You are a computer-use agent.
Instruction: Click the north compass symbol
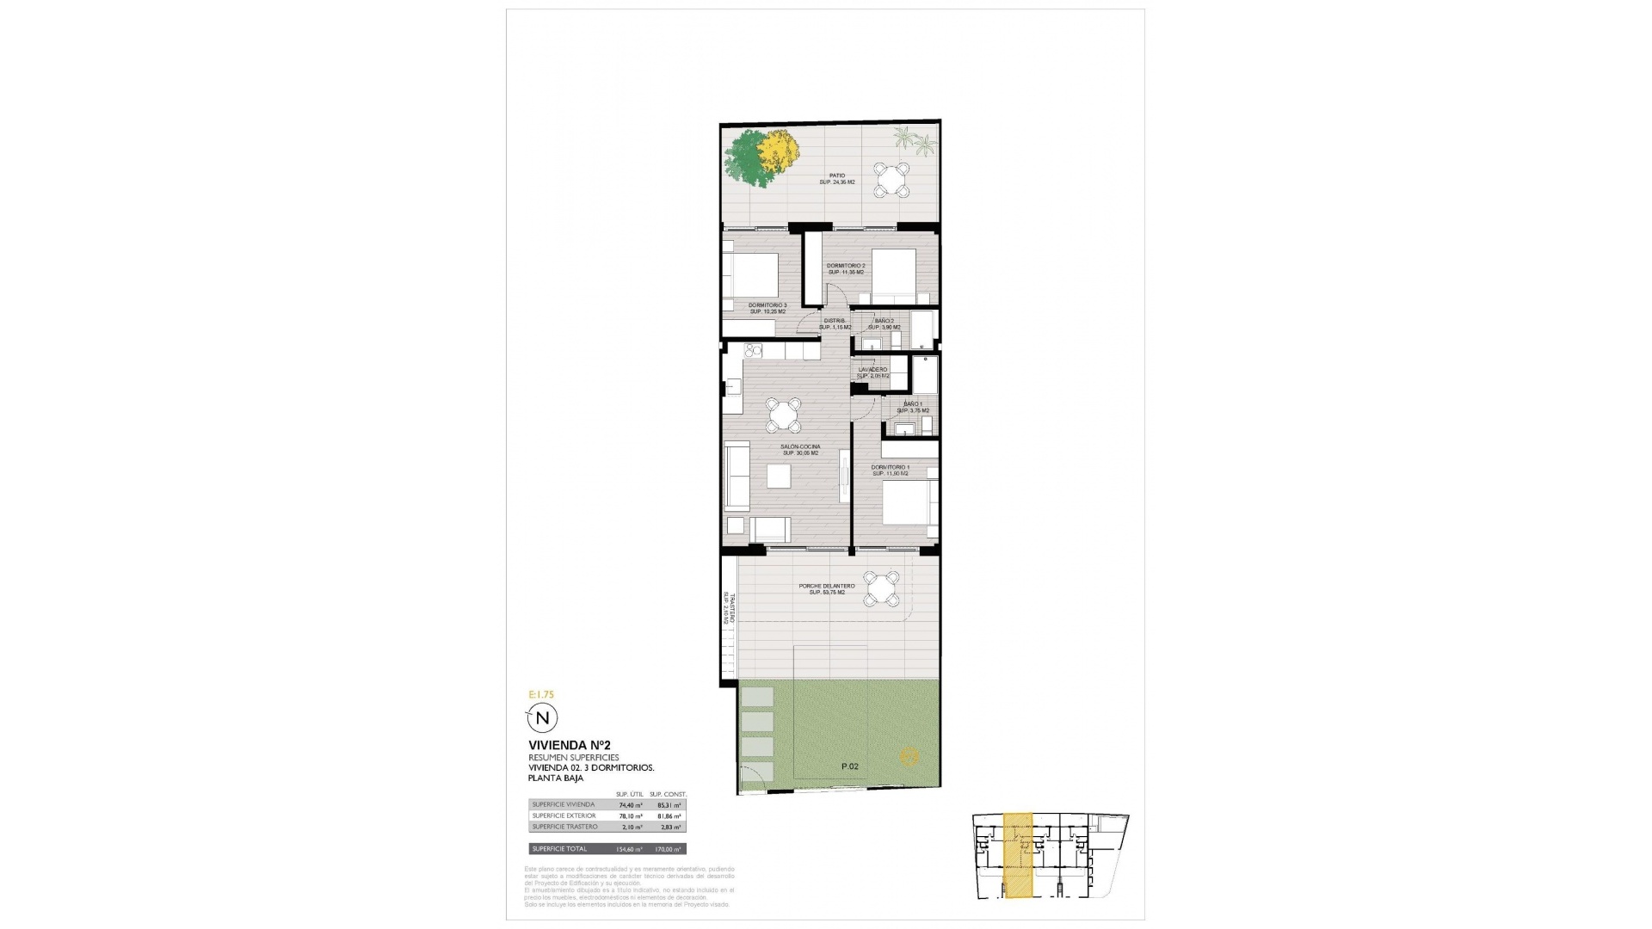click(x=542, y=718)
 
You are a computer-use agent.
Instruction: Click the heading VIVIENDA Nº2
click(x=570, y=745)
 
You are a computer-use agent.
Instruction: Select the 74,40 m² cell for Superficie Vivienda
click(x=631, y=805)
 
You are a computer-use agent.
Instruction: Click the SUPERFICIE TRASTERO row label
click(x=564, y=827)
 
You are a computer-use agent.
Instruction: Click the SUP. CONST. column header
click(x=669, y=794)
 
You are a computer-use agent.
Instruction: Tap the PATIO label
click(x=825, y=175)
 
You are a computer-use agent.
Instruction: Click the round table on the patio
click(x=892, y=181)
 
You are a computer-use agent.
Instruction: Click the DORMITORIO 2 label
click(x=845, y=266)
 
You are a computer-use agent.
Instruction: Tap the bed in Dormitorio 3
click(x=750, y=274)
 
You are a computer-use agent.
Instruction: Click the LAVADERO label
click(x=872, y=370)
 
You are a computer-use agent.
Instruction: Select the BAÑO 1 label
click(x=913, y=404)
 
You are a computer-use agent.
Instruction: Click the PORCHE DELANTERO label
click(x=826, y=586)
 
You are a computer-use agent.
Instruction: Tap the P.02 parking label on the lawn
click(x=849, y=766)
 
